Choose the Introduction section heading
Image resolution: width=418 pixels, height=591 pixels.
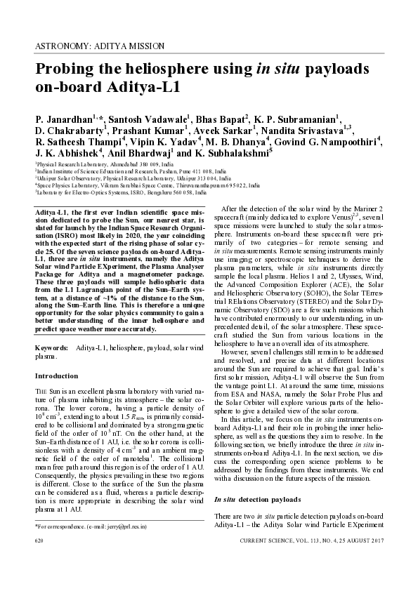point(57,376)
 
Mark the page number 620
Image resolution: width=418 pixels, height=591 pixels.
point(39,542)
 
